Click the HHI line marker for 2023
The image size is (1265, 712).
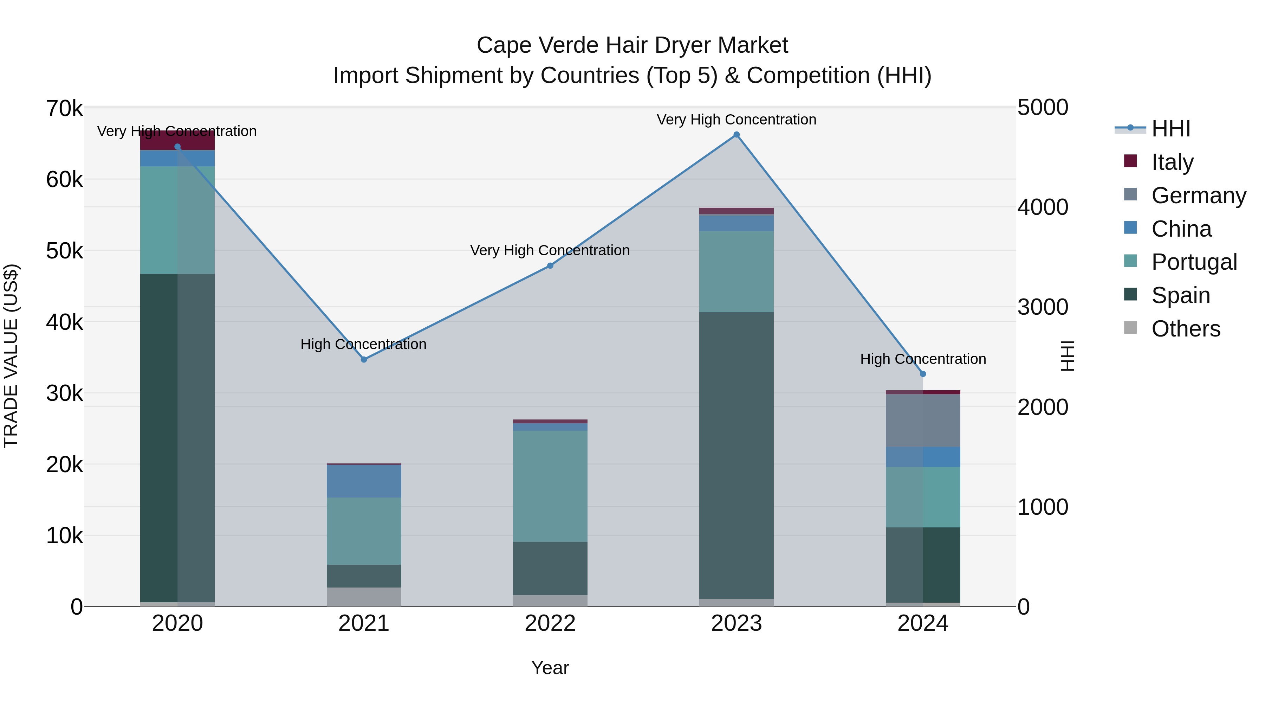[736, 135]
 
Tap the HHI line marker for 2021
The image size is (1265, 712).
[364, 360]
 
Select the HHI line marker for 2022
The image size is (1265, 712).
[550, 265]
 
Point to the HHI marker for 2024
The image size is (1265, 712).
[923, 374]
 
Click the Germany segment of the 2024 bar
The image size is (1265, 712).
[923, 421]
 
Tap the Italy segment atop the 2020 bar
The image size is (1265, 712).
[177, 140]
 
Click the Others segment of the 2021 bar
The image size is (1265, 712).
[364, 597]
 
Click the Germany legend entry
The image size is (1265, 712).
[1198, 195]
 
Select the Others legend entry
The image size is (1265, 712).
[1186, 329]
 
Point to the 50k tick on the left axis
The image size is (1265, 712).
[64, 251]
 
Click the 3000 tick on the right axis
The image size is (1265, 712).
[1042, 307]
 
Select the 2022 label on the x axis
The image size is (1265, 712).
[550, 623]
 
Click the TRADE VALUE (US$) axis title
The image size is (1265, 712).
[11, 356]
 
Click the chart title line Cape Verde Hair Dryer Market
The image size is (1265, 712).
[632, 45]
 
